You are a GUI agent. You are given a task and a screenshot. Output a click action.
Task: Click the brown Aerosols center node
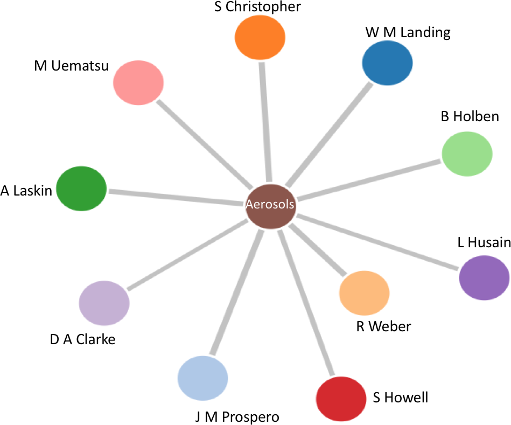click(270, 205)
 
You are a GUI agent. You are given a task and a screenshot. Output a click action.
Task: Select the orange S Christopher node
click(260, 37)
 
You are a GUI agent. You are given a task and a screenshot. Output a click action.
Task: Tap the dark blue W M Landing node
click(387, 62)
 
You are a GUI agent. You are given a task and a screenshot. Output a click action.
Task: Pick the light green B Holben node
click(467, 154)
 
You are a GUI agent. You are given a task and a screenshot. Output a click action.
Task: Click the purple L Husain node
click(484, 278)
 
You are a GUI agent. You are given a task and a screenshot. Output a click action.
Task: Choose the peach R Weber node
click(364, 293)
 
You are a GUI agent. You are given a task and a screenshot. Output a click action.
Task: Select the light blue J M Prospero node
click(202, 378)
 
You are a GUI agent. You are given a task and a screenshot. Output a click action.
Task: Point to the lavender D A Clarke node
click(104, 303)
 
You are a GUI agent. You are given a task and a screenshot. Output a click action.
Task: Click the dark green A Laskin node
click(81, 189)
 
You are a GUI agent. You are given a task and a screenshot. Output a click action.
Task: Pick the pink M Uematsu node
click(138, 83)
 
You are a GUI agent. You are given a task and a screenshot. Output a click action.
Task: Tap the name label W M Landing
click(408, 33)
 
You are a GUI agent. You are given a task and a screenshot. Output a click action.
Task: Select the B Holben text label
click(470, 116)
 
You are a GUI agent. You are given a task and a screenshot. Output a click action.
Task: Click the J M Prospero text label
click(237, 416)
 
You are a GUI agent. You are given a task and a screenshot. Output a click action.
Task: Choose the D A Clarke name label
click(82, 340)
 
